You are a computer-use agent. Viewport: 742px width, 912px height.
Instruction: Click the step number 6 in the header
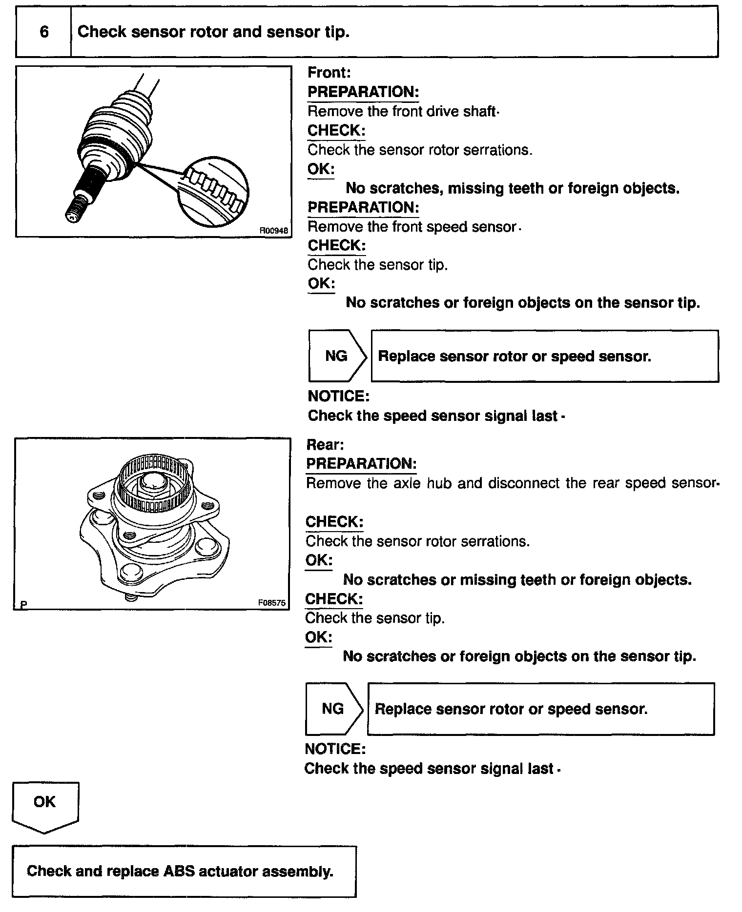click(x=44, y=32)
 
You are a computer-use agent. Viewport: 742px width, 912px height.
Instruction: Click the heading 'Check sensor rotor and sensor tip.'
click(x=213, y=32)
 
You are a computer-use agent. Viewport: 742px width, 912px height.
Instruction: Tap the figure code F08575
click(x=271, y=603)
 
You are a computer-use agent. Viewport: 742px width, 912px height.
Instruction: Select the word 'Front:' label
click(x=329, y=73)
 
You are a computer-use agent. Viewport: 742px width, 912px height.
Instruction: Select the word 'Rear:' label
click(x=325, y=445)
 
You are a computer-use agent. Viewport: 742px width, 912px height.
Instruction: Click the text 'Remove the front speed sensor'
click(x=412, y=227)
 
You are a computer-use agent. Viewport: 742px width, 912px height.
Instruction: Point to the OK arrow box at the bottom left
click(x=45, y=806)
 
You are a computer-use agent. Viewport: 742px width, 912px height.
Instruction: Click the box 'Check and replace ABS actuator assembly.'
click(x=184, y=872)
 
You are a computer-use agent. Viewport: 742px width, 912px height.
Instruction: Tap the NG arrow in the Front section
click(x=337, y=356)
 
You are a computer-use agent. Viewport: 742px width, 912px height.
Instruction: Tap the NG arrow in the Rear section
click(x=333, y=709)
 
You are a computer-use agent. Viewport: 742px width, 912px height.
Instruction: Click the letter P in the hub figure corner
click(x=24, y=605)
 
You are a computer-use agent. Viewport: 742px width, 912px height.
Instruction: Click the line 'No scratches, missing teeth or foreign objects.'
click(x=513, y=188)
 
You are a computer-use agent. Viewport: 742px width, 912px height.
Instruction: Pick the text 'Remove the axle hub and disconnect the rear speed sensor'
click(x=513, y=483)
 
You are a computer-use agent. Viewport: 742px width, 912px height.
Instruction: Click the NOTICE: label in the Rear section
click(x=335, y=749)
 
